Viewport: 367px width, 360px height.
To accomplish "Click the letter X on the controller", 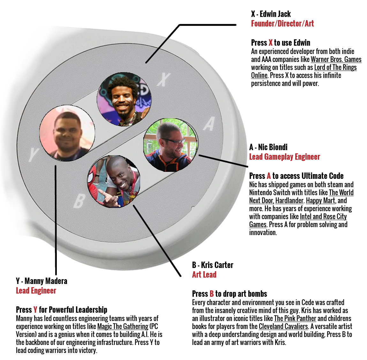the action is coord(162,80).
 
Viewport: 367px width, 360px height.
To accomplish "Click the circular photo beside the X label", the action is coord(124,99).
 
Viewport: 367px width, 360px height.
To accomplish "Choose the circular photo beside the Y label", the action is coord(67,132).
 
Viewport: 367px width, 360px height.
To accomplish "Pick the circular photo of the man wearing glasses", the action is coord(170,145).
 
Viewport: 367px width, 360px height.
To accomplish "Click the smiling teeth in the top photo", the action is coord(122,105).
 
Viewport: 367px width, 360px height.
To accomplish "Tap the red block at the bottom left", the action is coord(36,297).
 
